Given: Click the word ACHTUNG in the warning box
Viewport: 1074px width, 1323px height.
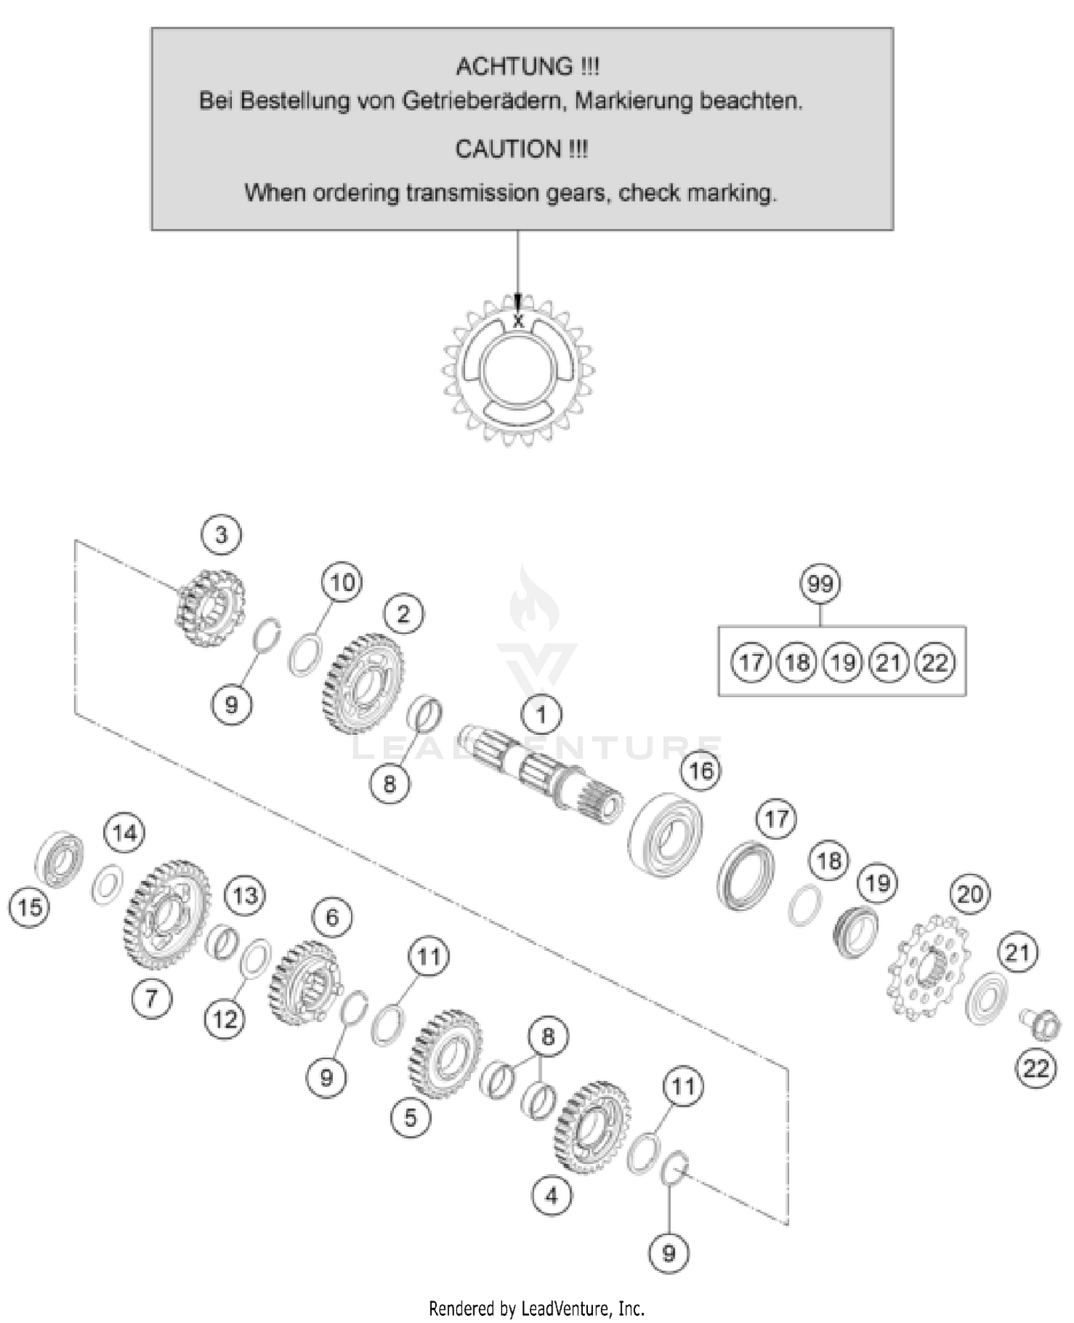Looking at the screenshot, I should (x=514, y=67).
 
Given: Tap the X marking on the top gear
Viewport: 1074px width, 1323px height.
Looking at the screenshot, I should (x=518, y=322).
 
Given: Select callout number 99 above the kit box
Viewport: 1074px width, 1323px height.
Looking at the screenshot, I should (x=820, y=584).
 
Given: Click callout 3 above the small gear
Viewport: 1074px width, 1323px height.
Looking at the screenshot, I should (x=221, y=535).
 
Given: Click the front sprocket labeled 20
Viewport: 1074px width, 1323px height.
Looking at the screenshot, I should (x=929, y=968).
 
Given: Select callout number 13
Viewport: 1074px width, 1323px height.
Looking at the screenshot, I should (x=245, y=896).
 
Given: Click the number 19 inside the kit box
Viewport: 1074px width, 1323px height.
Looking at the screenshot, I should (x=843, y=663).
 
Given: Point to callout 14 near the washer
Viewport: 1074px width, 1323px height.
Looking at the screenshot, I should (x=125, y=833).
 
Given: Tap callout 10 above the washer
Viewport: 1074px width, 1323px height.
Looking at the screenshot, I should (x=342, y=582).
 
